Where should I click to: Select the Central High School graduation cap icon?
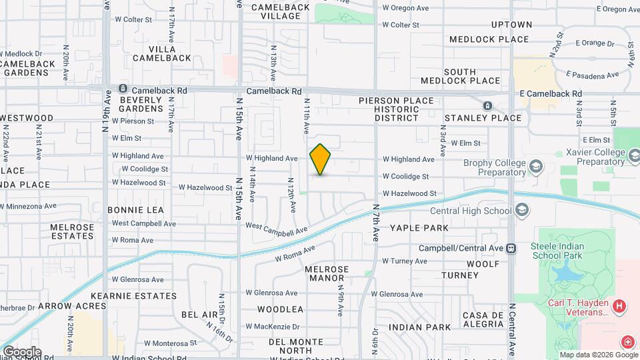(522, 211)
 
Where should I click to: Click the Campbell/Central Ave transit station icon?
(511, 248)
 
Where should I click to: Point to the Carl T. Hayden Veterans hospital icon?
(619, 307)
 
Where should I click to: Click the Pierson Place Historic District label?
(396, 109)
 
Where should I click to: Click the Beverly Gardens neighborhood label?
(141, 104)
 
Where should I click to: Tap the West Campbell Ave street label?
(277, 227)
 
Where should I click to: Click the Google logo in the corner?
(21, 351)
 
